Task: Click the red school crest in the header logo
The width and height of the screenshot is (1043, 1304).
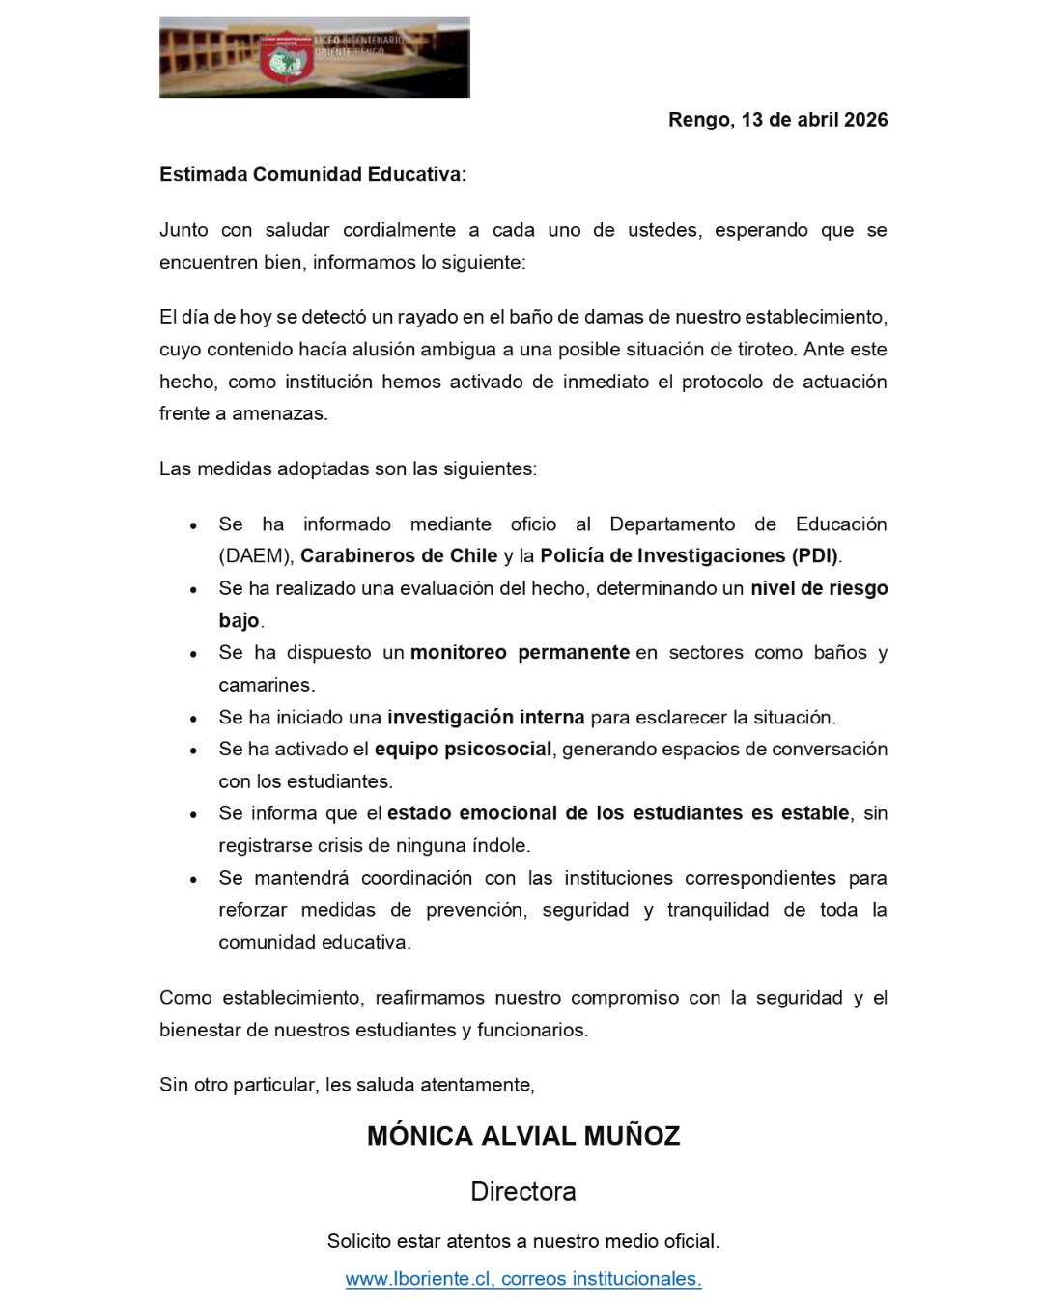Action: click(284, 61)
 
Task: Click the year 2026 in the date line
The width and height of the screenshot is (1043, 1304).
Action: click(865, 120)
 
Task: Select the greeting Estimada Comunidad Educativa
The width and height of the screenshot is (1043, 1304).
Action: click(313, 175)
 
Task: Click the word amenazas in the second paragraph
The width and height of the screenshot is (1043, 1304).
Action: click(279, 413)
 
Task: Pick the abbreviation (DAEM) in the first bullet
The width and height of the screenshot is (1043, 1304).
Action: click(255, 556)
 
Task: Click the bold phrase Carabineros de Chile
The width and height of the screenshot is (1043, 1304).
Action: click(399, 556)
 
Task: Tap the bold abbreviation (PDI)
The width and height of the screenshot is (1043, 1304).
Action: click(816, 556)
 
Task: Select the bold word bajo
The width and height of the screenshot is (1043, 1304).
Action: click(239, 620)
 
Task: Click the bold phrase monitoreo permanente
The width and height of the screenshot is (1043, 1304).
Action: click(520, 653)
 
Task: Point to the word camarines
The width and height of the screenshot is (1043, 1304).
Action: click(266, 685)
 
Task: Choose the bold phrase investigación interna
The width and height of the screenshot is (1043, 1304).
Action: click(486, 718)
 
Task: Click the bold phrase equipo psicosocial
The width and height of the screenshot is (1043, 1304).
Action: click(463, 750)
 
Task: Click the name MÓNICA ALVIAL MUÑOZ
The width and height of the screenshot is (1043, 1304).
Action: click(523, 1136)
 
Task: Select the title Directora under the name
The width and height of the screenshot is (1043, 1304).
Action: click(523, 1192)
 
